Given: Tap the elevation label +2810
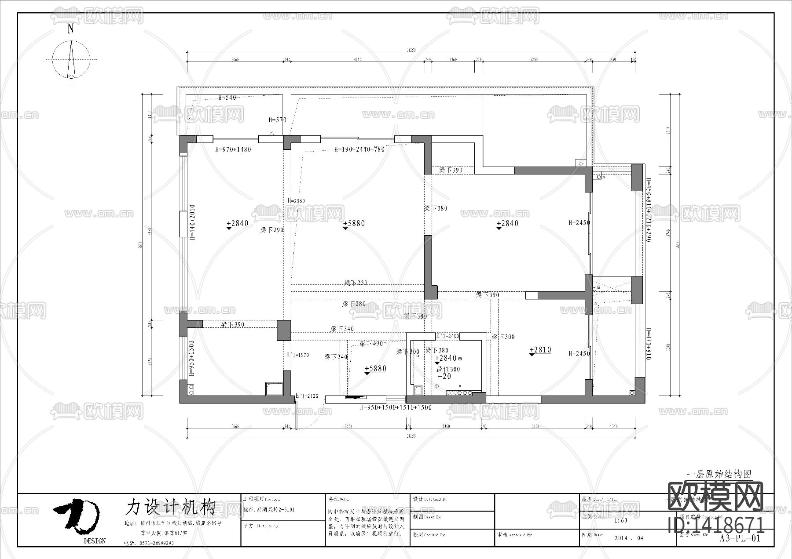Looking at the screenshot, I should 540,350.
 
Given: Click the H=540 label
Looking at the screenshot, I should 227,98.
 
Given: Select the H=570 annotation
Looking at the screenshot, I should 277,120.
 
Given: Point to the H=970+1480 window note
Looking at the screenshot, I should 233,149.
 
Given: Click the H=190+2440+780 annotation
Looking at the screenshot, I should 359,149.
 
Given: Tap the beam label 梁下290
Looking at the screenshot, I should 271,230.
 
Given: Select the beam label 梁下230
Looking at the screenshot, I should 356,283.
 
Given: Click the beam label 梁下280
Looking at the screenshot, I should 354,304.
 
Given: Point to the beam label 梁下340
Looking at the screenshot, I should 342,329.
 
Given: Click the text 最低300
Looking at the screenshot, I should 448,370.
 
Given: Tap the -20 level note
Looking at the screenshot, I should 444,377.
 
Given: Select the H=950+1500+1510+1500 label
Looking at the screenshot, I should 396,408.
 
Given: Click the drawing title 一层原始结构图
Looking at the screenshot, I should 719,474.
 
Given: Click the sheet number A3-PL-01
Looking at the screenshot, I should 740,538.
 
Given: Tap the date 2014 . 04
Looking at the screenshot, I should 628,538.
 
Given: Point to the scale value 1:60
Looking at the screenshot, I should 621,520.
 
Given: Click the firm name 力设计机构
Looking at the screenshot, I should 170,507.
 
